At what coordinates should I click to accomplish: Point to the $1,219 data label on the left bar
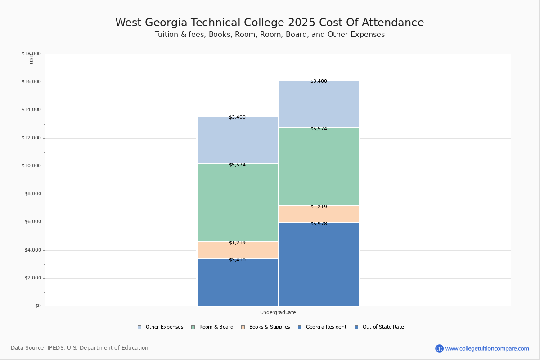(x=237, y=243)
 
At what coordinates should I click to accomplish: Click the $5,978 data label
(x=319, y=224)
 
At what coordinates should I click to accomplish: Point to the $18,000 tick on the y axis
(x=31, y=54)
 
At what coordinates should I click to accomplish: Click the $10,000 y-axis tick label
(x=31, y=166)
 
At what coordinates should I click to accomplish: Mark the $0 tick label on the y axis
(x=37, y=306)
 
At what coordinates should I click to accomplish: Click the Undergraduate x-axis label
(x=278, y=312)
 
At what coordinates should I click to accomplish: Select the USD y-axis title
(x=31, y=59)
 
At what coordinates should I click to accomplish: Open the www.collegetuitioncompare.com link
(x=487, y=348)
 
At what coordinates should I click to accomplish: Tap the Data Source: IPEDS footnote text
(x=80, y=348)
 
